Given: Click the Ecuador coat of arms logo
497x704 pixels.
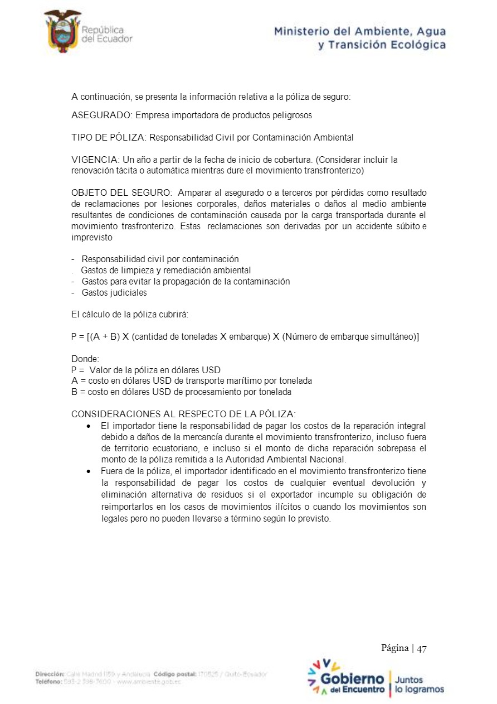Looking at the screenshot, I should coord(62,31).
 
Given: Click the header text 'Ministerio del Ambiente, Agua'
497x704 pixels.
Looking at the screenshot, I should coord(359,31).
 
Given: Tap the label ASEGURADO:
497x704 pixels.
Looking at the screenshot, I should coord(103,115).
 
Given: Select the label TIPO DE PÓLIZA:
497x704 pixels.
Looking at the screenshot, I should coord(109,137).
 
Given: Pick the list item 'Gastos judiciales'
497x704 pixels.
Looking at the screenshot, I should coord(114,292).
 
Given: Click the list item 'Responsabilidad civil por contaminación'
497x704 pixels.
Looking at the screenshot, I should coord(160,259).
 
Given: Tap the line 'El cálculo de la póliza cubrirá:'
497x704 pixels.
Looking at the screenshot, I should coord(130,315).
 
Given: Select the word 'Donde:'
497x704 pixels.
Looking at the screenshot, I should coord(85,359).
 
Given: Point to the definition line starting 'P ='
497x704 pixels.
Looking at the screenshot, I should coord(146,370).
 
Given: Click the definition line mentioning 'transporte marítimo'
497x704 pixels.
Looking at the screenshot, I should coord(192,381).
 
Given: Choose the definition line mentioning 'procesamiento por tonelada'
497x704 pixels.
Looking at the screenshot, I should coord(181,392).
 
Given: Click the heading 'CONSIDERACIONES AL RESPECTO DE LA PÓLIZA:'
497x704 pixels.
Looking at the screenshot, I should coord(184,414).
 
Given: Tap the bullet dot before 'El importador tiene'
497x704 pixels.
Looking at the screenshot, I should coord(89,426).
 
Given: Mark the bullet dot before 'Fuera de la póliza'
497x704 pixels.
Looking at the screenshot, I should coord(89,471).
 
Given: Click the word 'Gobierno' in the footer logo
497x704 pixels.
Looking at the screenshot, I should coord(352,679).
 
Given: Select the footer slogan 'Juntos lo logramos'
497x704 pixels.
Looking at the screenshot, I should coord(419,684).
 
